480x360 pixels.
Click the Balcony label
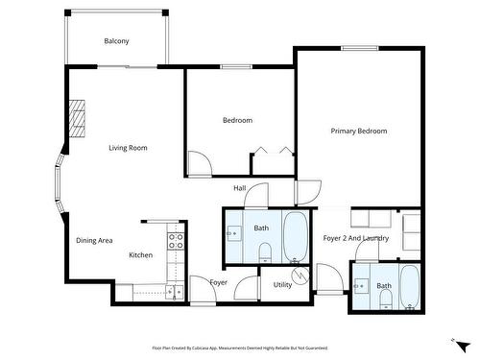click(x=117, y=41)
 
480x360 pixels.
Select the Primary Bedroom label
click(x=359, y=131)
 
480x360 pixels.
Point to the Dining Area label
click(x=95, y=241)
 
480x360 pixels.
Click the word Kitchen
click(x=141, y=255)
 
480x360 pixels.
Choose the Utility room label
click(x=282, y=285)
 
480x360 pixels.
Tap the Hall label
click(x=240, y=188)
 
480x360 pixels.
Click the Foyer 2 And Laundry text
click(x=355, y=238)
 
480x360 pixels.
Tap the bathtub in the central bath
click(x=295, y=235)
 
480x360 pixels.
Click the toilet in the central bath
click(x=266, y=252)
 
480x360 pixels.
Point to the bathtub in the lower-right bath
click(x=410, y=287)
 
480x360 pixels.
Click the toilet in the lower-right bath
click(x=385, y=301)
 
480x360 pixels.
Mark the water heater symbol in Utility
click(x=300, y=276)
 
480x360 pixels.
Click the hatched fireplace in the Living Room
click(x=78, y=119)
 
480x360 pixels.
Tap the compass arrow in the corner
click(x=460, y=342)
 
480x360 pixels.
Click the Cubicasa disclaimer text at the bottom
click(x=240, y=348)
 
